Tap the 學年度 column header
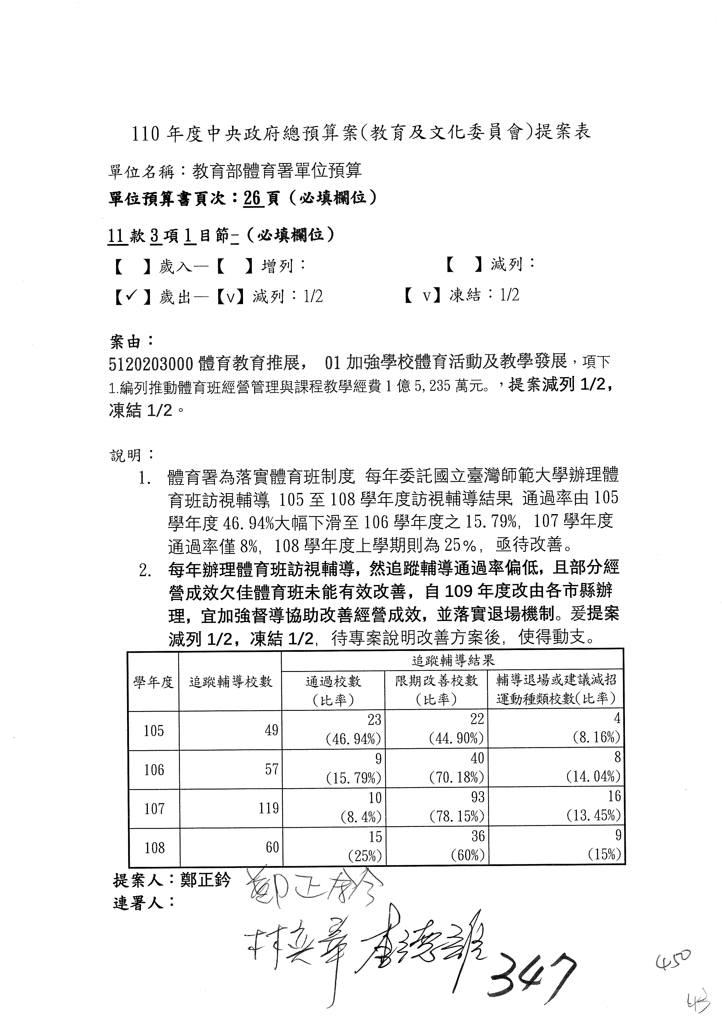(x=153, y=682)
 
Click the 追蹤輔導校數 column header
(x=230, y=682)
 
